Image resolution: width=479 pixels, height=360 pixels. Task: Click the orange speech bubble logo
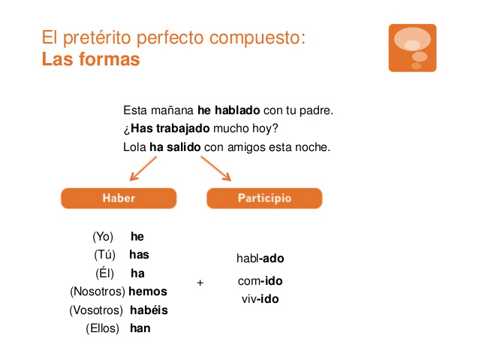click(x=412, y=48)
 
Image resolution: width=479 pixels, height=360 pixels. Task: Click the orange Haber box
click(x=119, y=198)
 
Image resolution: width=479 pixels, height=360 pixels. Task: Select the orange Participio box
click(x=264, y=198)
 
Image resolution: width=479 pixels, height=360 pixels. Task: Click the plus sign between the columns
click(x=200, y=283)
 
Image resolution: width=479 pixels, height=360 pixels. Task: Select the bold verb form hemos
click(x=148, y=291)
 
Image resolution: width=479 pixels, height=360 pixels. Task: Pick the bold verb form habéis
click(x=149, y=310)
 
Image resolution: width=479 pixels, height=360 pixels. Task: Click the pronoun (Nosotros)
click(x=97, y=291)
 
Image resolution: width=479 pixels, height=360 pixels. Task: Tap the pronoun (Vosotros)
click(x=96, y=310)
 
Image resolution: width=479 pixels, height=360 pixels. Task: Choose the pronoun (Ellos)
click(x=103, y=328)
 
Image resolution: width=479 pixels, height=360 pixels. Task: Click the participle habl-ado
click(x=261, y=259)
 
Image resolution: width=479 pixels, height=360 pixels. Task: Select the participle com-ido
click(x=259, y=281)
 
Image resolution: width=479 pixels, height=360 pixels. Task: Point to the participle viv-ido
click(x=260, y=299)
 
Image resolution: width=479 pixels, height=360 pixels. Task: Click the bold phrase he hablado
click(x=228, y=110)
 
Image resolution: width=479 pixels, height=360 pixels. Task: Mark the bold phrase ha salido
click(x=175, y=147)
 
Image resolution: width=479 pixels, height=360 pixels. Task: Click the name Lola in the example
click(x=134, y=147)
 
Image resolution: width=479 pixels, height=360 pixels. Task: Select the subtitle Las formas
click(x=91, y=59)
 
